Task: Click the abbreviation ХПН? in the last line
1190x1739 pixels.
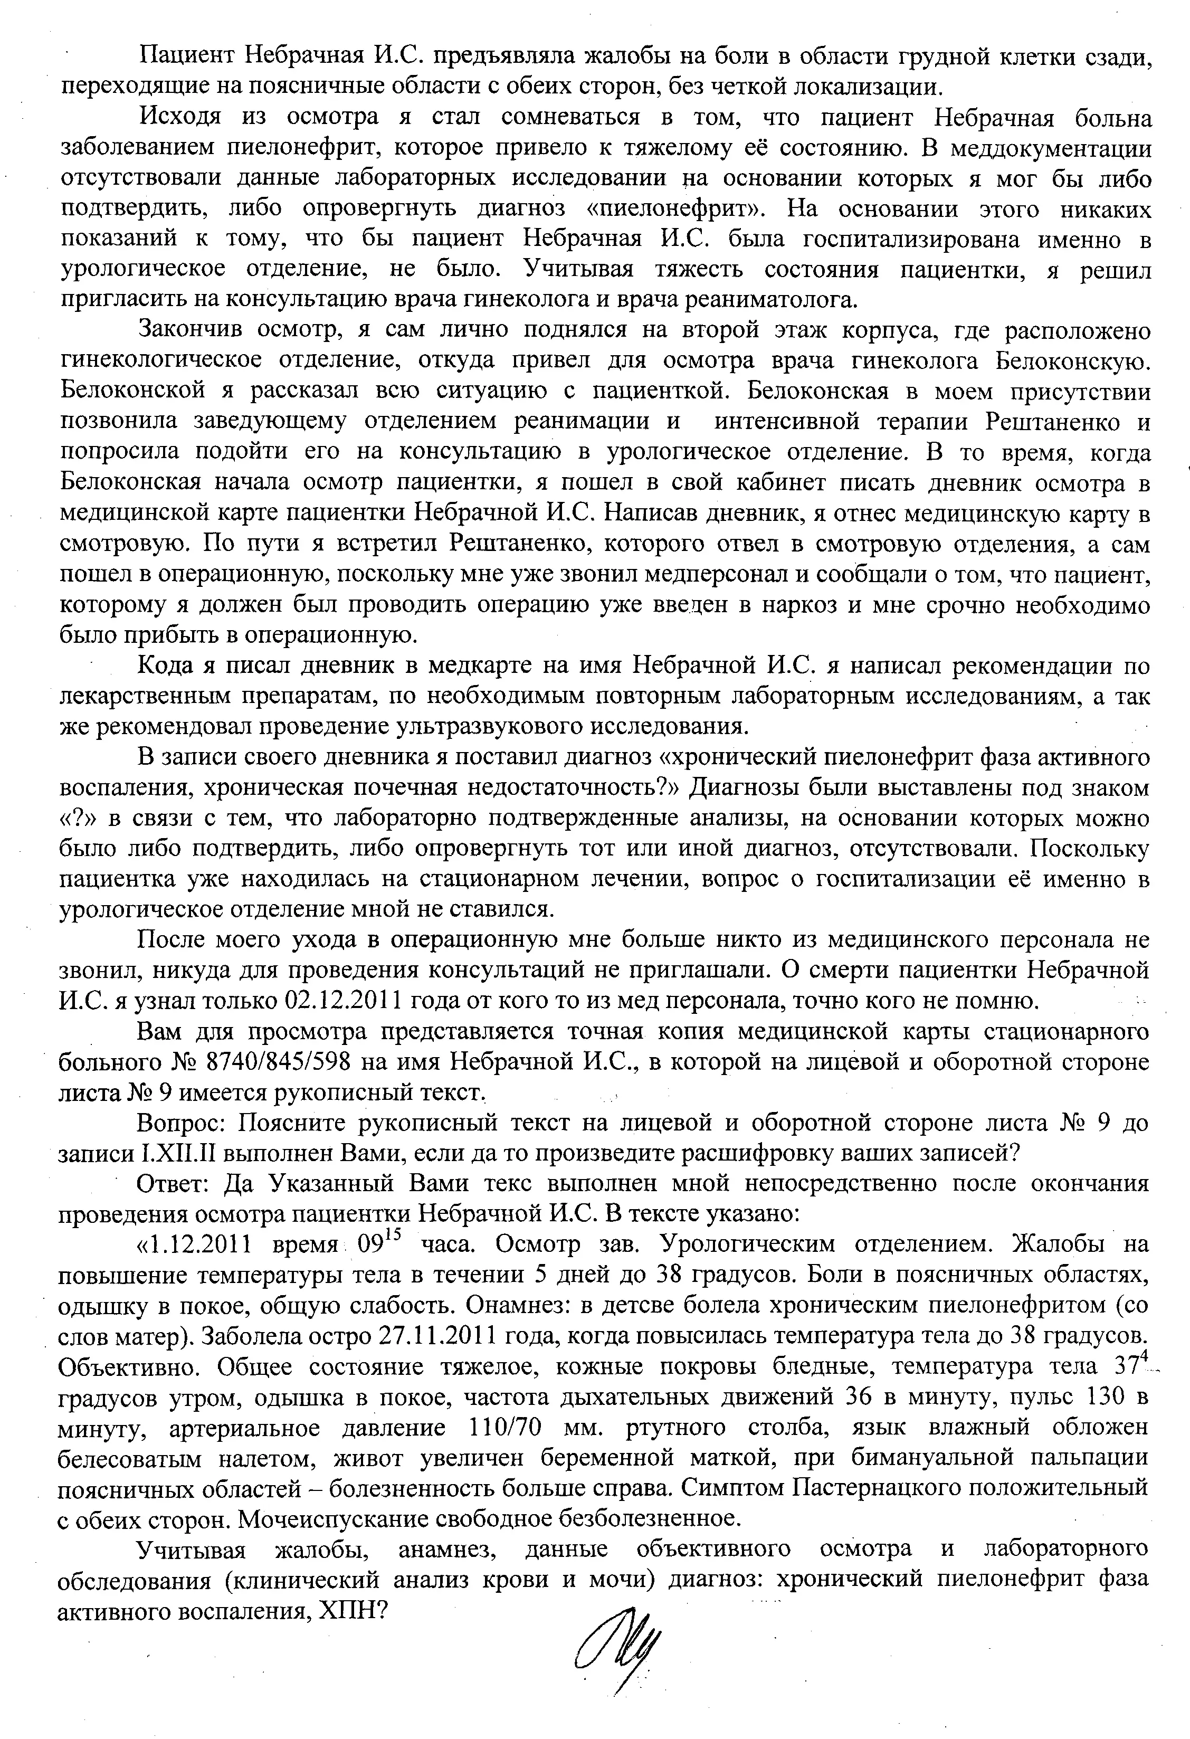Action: [x=351, y=1610]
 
